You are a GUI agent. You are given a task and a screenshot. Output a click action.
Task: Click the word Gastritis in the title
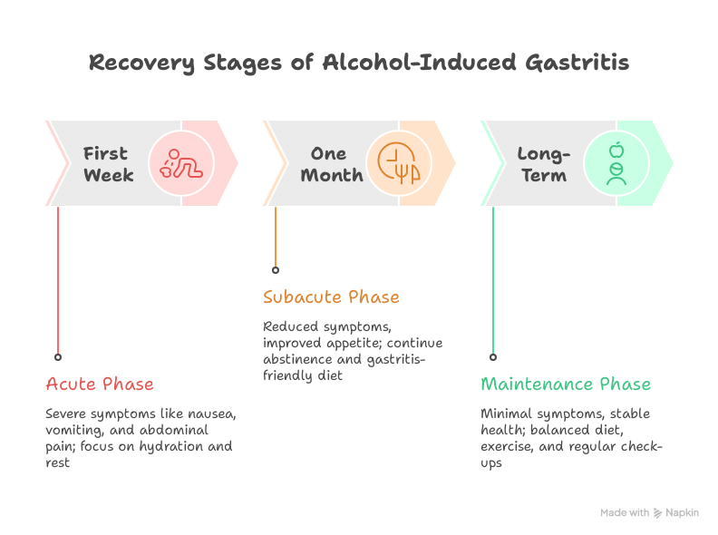(x=577, y=63)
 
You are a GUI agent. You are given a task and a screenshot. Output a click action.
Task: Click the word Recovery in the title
(x=141, y=63)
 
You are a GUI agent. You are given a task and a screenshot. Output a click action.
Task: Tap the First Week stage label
(x=109, y=164)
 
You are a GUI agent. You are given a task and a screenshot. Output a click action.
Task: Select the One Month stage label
(x=332, y=164)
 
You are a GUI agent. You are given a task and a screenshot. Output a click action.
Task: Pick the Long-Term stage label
(x=544, y=165)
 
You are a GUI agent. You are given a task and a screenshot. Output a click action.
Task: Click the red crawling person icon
(x=181, y=163)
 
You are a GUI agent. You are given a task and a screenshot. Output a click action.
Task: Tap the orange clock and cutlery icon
(x=398, y=163)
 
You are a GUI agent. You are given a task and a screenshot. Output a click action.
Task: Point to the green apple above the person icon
(x=616, y=150)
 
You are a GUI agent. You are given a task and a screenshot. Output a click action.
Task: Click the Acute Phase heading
(x=100, y=384)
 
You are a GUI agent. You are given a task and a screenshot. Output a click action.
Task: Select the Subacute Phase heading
(x=331, y=297)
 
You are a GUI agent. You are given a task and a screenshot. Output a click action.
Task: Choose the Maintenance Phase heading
(x=566, y=384)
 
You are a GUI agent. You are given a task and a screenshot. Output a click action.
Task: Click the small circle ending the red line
(x=58, y=357)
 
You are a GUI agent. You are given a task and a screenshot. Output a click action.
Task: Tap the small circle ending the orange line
(x=276, y=270)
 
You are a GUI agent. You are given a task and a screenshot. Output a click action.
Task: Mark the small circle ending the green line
(x=492, y=357)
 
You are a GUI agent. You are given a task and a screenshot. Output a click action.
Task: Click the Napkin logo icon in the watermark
(x=657, y=513)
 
